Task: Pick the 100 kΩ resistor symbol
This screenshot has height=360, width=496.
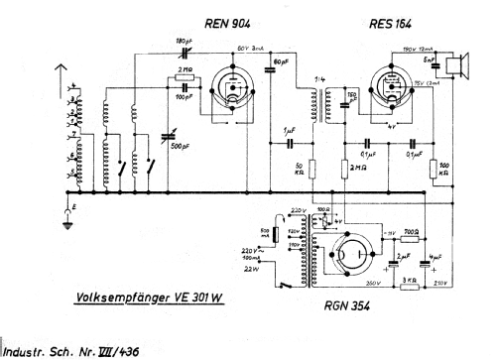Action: click(x=434, y=166)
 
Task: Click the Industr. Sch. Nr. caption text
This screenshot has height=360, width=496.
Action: click(x=79, y=348)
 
